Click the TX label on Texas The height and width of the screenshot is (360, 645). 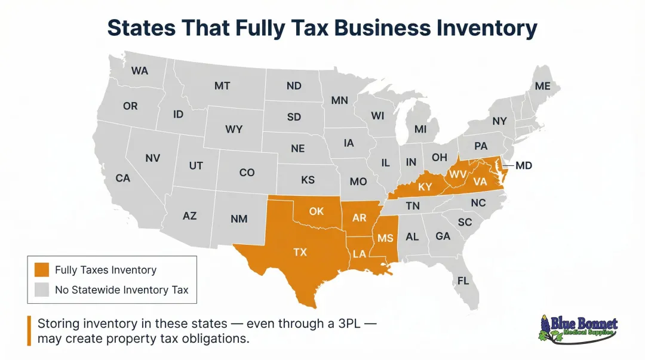coord(300,252)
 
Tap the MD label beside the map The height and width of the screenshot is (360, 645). coord(523,165)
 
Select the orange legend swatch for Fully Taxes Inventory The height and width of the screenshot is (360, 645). coord(41,270)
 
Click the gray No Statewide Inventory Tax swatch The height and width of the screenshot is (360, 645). coord(41,290)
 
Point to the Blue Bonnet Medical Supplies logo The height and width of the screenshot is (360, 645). coord(578,330)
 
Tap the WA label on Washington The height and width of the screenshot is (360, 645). coord(140,70)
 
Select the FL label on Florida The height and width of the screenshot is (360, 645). coord(463,281)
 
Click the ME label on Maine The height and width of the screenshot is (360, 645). coord(542,86)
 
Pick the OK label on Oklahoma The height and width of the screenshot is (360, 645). coord(316,211)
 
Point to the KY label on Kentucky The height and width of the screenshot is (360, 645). coord(425,187)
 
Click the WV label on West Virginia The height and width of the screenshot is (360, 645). coord(457,174)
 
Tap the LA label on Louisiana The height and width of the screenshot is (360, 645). coord(360,254)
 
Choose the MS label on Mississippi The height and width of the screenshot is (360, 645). coord(385,238)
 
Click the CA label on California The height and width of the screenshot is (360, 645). coord(122,178)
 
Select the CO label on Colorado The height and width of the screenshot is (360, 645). coord(247,173)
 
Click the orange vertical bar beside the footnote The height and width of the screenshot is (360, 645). coord(29,331)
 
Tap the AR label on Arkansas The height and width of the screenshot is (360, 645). coord(359,218)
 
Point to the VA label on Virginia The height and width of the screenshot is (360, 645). coord(480,181)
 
